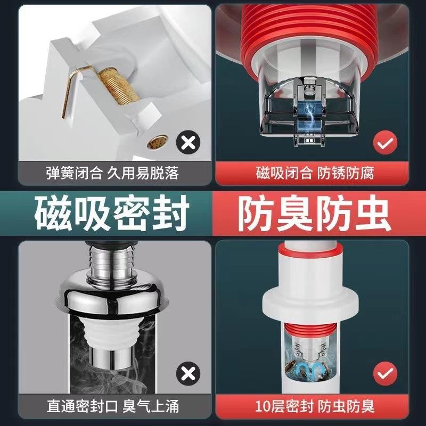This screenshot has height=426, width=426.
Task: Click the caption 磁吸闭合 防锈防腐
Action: (x=315, y=173)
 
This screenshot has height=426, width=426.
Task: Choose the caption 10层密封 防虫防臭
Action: (x=315, y=406)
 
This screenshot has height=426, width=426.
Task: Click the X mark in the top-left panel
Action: (x=187, y=143)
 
